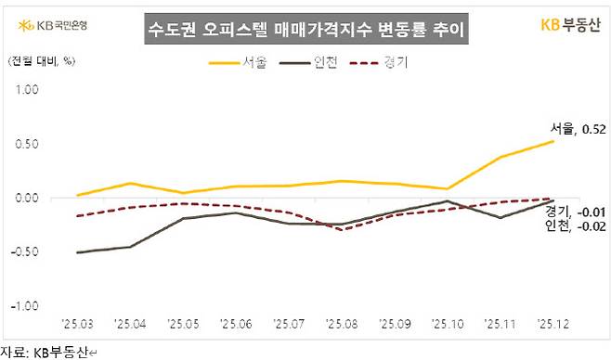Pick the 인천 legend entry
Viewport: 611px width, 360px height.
point(314,64)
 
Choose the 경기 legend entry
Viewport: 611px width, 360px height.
point(388,64)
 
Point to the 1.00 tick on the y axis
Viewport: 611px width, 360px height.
point(25,91)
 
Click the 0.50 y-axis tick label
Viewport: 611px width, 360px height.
point(25,144)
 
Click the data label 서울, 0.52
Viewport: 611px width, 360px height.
point(578,128)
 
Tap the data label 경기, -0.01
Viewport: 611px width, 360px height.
point(577,211)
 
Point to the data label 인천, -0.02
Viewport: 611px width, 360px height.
point(577,225)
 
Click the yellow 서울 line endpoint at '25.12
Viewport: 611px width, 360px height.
point(553,141)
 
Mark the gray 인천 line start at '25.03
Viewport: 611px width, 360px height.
point(77,252)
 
